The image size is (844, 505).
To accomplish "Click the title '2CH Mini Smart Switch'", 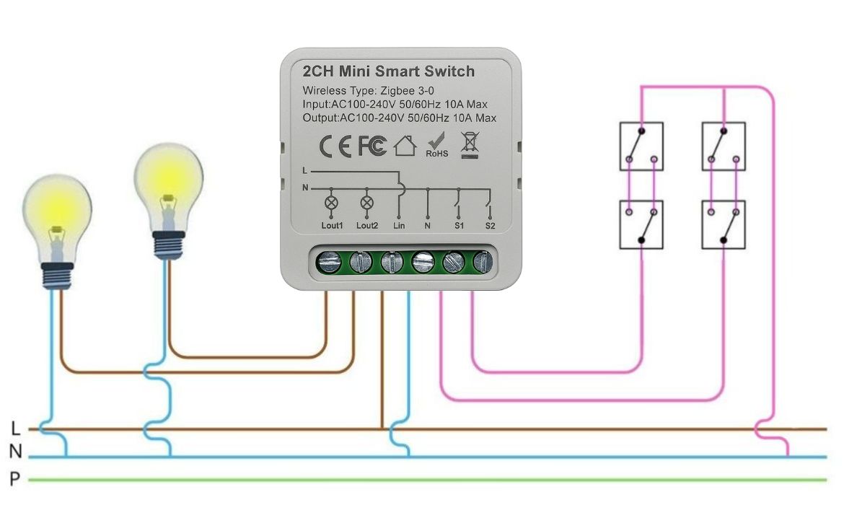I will click(389, 71).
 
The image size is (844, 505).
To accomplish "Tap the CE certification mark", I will click(335, 146).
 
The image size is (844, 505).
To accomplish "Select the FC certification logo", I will click(372, 146).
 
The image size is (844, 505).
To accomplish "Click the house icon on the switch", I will click(405, 146).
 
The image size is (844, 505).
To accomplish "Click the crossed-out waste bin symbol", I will click(469, 144).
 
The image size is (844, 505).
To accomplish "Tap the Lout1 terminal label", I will click(332, 226).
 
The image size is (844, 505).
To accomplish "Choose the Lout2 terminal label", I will click(366, 226).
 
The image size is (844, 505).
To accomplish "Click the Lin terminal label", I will click(399, 226).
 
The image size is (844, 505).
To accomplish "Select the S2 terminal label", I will click(490, 226).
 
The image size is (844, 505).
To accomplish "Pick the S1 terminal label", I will click(459, 226).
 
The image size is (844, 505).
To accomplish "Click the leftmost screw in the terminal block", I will click(330, 261).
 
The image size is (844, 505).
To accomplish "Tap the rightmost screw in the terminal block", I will click(483, 261).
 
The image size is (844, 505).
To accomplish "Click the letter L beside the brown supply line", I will click(16, 429).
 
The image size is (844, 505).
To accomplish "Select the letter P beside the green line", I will click(16, 478).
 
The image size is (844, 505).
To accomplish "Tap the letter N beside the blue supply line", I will click(16, 453).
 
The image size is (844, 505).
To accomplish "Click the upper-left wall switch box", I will click(641, 146).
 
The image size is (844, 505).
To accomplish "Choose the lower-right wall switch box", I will click(724, 225).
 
